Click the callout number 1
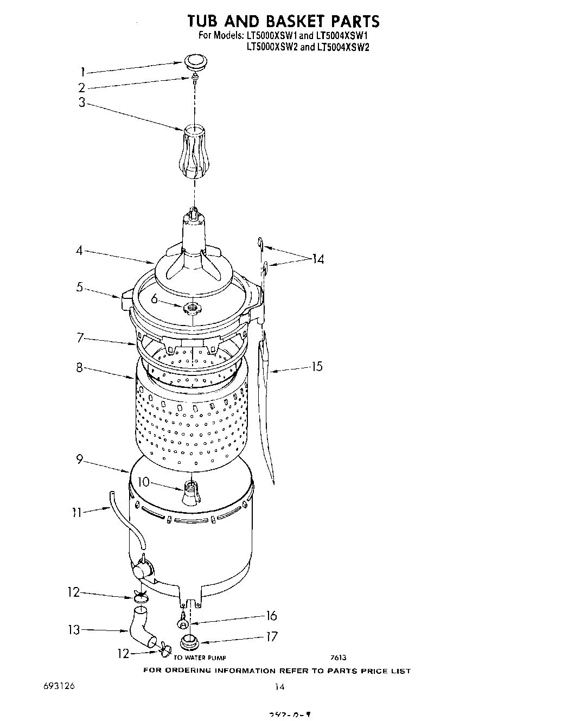point(82,72)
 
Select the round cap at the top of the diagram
point(193,61)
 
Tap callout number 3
point(82,103)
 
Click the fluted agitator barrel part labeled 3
point(194,152)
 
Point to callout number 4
point(80,251)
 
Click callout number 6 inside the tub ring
point(154,298)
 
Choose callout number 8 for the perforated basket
point(79,367)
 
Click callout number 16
point(271,615)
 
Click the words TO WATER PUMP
point(199,658)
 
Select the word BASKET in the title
point(296,21)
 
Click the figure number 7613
point(338,658)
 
